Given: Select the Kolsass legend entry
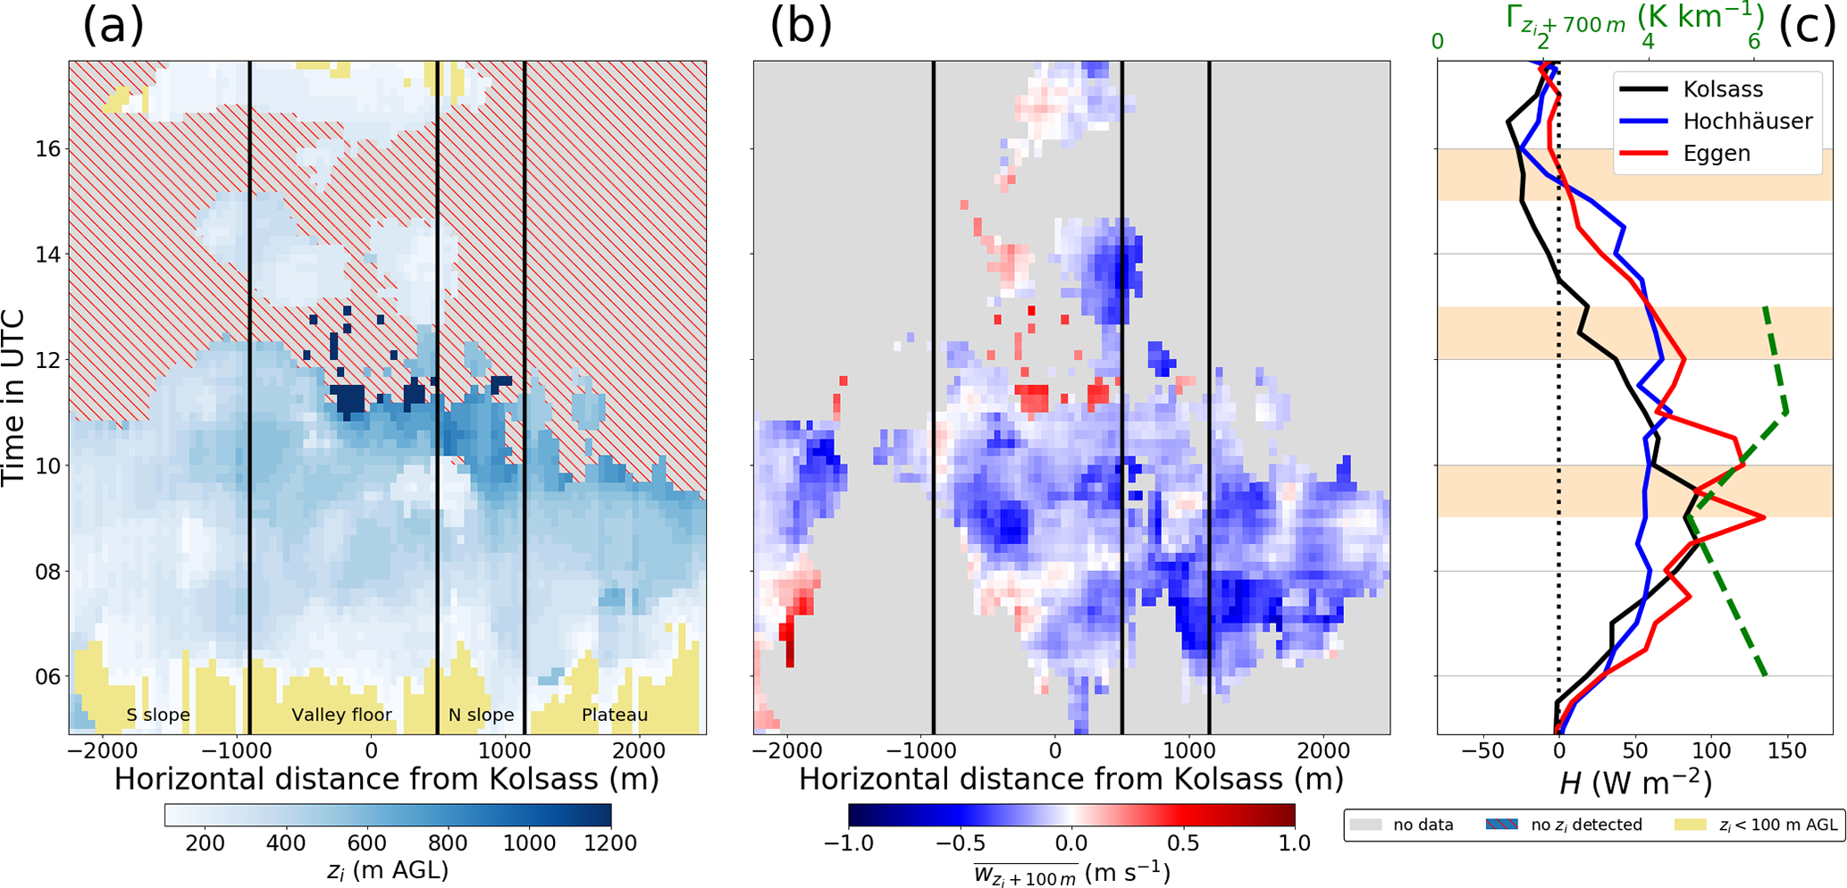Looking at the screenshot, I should coord(1721,89).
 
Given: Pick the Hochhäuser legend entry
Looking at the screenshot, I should coord(1747,121).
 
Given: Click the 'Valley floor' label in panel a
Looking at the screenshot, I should coord(341,715).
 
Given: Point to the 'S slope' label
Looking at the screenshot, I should coord(158,715).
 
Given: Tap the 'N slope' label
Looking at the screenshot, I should coord(481,715).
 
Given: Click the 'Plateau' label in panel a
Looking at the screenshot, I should coord(615,715).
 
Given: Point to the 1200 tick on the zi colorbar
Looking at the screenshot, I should coord(610,843).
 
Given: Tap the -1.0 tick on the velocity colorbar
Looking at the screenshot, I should coord(849,843).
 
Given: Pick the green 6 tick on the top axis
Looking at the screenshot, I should coord(1754,41).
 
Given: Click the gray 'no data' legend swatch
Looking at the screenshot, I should coord(1367,825).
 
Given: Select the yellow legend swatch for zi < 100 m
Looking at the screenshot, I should coord(1692,825).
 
